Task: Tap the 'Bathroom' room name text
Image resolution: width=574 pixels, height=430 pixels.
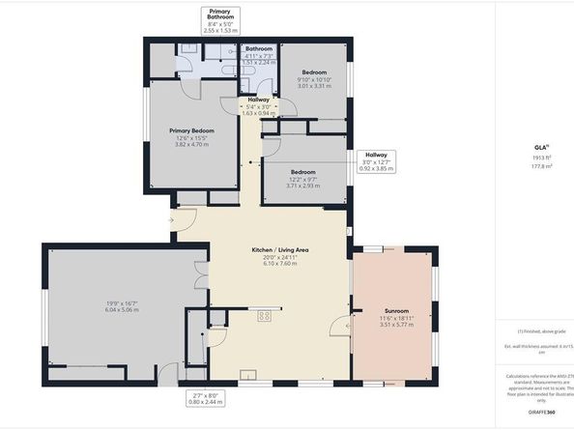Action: pos(258,48)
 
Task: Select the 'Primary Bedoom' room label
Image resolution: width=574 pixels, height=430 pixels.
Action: pos(190,130)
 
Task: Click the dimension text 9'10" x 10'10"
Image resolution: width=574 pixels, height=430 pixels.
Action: pos(314,79)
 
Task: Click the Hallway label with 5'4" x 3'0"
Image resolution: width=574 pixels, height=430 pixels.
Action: pos(257,106)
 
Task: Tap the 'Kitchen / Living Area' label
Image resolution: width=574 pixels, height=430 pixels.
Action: pos(280,250)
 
